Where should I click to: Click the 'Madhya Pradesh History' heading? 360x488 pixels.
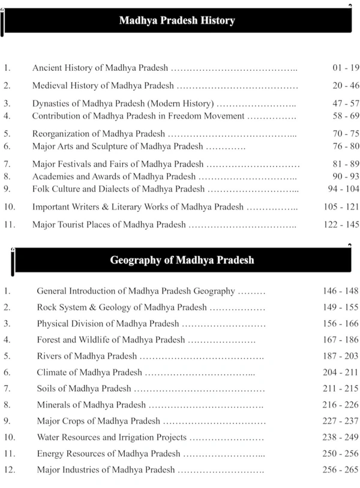tap(176, 21)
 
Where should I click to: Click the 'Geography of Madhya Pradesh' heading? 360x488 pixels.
tap(182, 261)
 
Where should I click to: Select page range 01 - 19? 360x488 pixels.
tap(346, 68)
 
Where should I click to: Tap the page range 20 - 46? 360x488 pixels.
tap(346, 86)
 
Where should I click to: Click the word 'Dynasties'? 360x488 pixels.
tap(51, 103)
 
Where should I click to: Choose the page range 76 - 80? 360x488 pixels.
tap(346, 146)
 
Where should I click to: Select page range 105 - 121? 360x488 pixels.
tap(341, 206)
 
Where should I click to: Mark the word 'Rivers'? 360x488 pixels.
tap(50, 356)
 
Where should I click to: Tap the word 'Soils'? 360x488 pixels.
tap(47, 388)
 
